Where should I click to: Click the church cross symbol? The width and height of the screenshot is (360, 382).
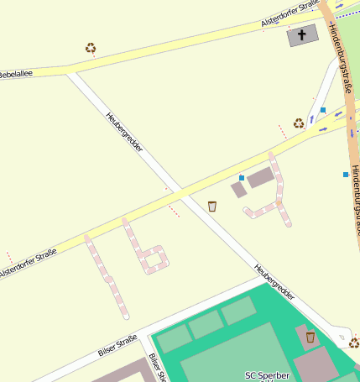point(302,35)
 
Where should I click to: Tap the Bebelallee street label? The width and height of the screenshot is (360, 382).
point(16,74)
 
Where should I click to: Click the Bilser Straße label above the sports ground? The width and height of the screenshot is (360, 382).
point(117,345)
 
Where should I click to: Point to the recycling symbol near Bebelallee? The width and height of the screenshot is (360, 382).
point(91,48)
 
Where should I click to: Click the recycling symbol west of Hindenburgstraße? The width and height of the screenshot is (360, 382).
point(298,123)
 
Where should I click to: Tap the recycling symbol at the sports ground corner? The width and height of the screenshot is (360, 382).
point(353,343)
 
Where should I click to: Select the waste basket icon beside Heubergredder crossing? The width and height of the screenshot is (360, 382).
point(212,206)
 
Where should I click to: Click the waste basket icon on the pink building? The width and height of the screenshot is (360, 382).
point(310,337)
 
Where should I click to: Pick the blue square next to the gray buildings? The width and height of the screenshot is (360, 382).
point(242,178)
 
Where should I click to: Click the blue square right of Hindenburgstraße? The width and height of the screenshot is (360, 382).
point(346,175)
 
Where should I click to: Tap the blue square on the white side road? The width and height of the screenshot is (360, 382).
point(322,110)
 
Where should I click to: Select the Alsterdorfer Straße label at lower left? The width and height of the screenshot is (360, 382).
point(34,262)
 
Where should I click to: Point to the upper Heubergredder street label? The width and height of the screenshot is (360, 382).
point(124,133)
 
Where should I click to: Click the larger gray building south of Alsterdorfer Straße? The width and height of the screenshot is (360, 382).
point(260,177)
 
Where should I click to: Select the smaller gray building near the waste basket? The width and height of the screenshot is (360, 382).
point(239,190)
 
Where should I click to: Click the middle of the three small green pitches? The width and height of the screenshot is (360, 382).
point(206,325)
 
